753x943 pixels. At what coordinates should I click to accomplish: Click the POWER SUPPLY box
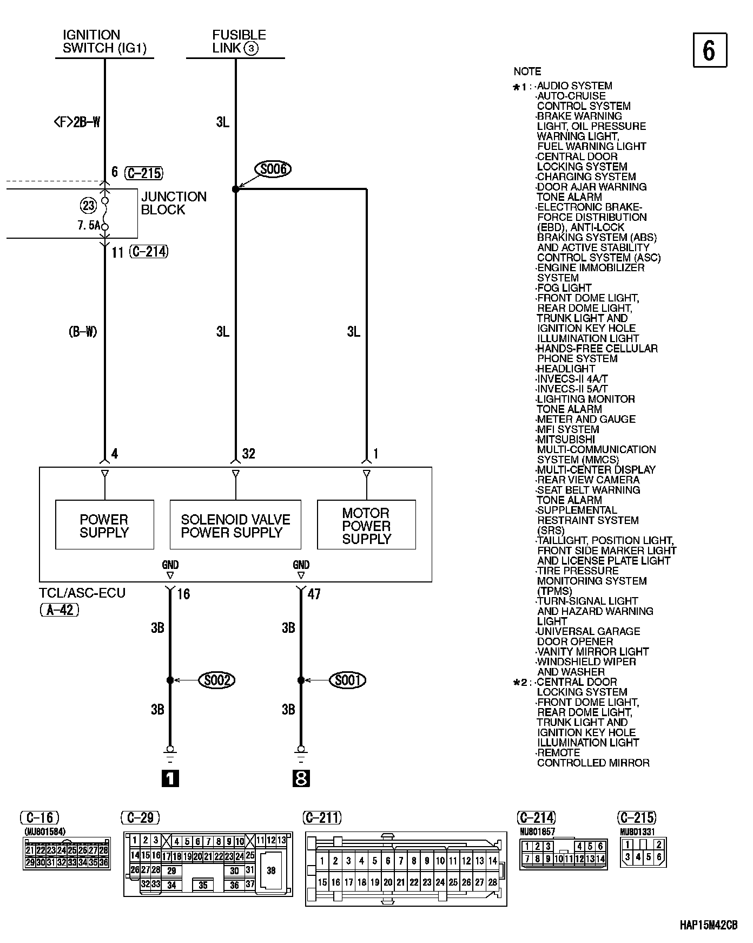[104, 525]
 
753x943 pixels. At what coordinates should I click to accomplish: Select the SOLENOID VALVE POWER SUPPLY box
[235, 525]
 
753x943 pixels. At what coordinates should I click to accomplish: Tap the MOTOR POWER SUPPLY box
[366, 525]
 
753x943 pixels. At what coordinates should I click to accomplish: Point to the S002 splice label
[217, 680]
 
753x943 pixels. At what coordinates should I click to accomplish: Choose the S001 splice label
[347, 680]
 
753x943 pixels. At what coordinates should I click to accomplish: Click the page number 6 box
[709, 50]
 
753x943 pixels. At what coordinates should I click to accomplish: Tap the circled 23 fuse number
[88, 205]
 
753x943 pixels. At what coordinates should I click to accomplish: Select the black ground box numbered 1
[170, 778]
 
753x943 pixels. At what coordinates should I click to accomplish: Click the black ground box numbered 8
[301, 778]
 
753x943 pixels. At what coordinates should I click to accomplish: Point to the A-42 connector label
[60, 610]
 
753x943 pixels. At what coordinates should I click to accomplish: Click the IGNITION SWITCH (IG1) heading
[104, 42]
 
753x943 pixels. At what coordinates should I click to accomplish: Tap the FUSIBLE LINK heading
[239, 42]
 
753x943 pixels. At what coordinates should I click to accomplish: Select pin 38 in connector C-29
[271, 870]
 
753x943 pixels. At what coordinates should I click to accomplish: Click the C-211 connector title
[323, 817]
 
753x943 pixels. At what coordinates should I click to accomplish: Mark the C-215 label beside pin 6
[143, 173]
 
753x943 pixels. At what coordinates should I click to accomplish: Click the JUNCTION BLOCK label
[174, 203]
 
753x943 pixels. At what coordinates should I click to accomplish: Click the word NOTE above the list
[527, 71]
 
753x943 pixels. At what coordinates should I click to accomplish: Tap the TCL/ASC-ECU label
[82, 593]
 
